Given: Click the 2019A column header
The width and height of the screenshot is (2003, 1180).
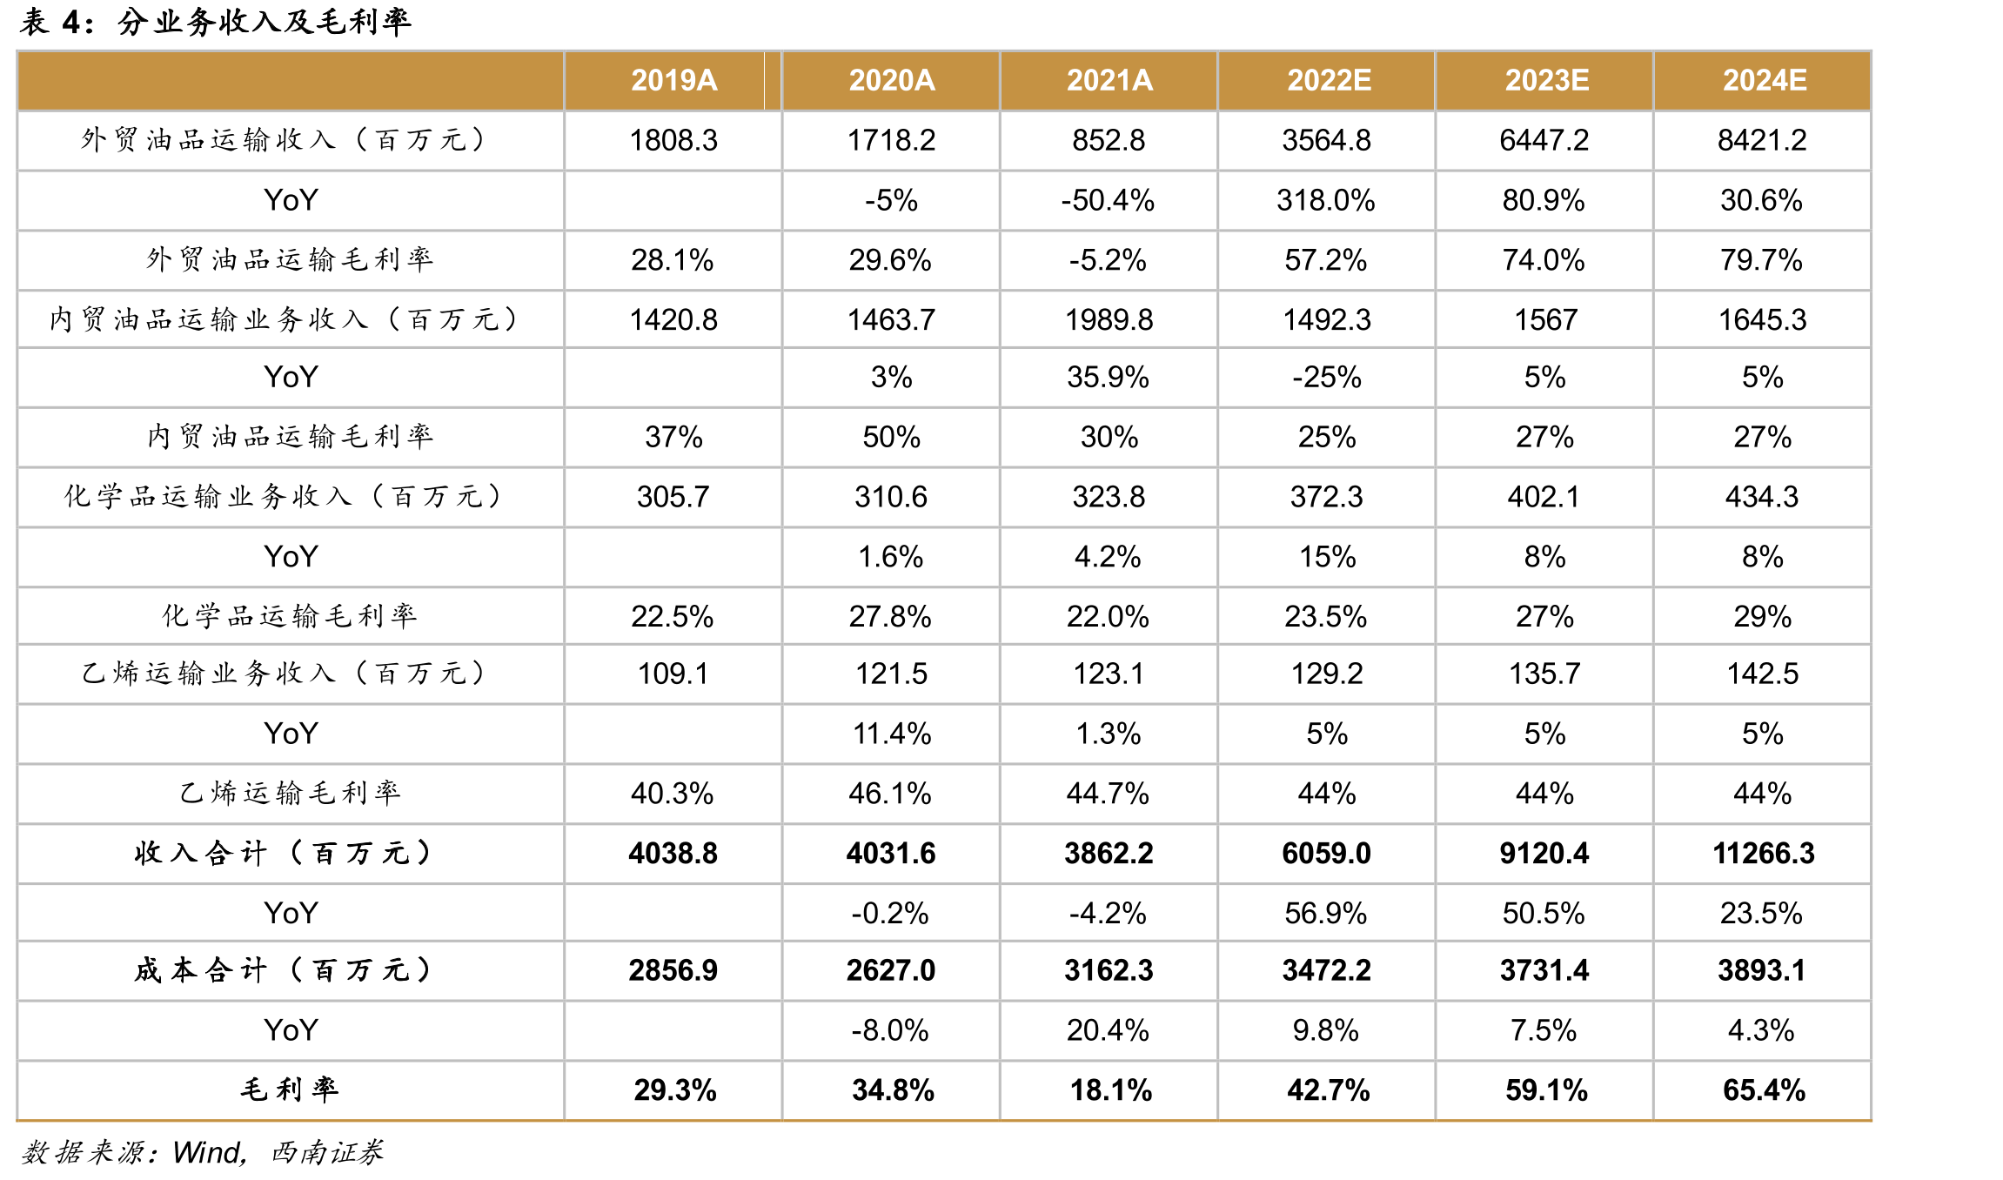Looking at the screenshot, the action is tap(673, 80).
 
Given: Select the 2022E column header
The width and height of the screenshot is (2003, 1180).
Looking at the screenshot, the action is tap(1329, 80).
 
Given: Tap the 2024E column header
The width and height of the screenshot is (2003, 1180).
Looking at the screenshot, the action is tap(1765, 80).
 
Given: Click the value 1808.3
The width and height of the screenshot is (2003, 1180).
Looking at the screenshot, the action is tap(673, 140).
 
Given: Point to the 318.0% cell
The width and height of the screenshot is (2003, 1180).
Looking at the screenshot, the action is tap(1326, 200).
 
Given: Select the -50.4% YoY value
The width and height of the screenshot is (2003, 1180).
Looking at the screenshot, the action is tap(1108, 200).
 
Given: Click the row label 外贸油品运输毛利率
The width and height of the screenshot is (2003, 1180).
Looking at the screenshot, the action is tap(290, 259).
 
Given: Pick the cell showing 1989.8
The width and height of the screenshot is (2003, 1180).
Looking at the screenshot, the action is tap(1109, 319).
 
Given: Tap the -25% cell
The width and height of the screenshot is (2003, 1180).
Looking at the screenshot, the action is tap(1327, 377).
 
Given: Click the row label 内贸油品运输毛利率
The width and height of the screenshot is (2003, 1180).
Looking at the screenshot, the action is tap(290, 436).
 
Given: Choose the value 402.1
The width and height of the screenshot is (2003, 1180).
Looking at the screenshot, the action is tap(1544, 496).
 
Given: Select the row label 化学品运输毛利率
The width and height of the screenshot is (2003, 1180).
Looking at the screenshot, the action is tap(290, 616).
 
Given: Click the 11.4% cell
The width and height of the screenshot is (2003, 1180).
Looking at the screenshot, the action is tap(892, 734).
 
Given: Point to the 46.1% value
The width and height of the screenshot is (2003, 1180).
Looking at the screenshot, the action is tap(890, 793).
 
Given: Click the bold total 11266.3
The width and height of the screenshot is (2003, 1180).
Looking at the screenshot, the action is tap(1764, 853).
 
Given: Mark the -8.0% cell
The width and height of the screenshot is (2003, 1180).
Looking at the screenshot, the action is tap(890, 1030).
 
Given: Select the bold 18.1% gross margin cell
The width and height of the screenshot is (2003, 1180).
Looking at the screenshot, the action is tap(1111, 1089).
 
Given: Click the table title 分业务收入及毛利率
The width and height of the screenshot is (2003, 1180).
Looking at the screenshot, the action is tap(265, 21).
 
